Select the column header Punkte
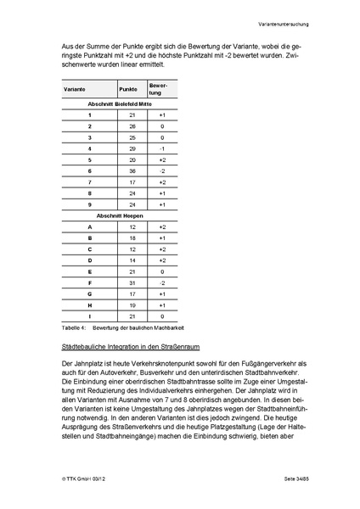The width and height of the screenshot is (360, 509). [128, 88]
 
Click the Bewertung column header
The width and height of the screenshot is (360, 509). [162, 88]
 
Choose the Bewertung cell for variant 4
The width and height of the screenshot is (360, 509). [162, 148]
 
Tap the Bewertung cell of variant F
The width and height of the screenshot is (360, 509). [162, 282]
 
